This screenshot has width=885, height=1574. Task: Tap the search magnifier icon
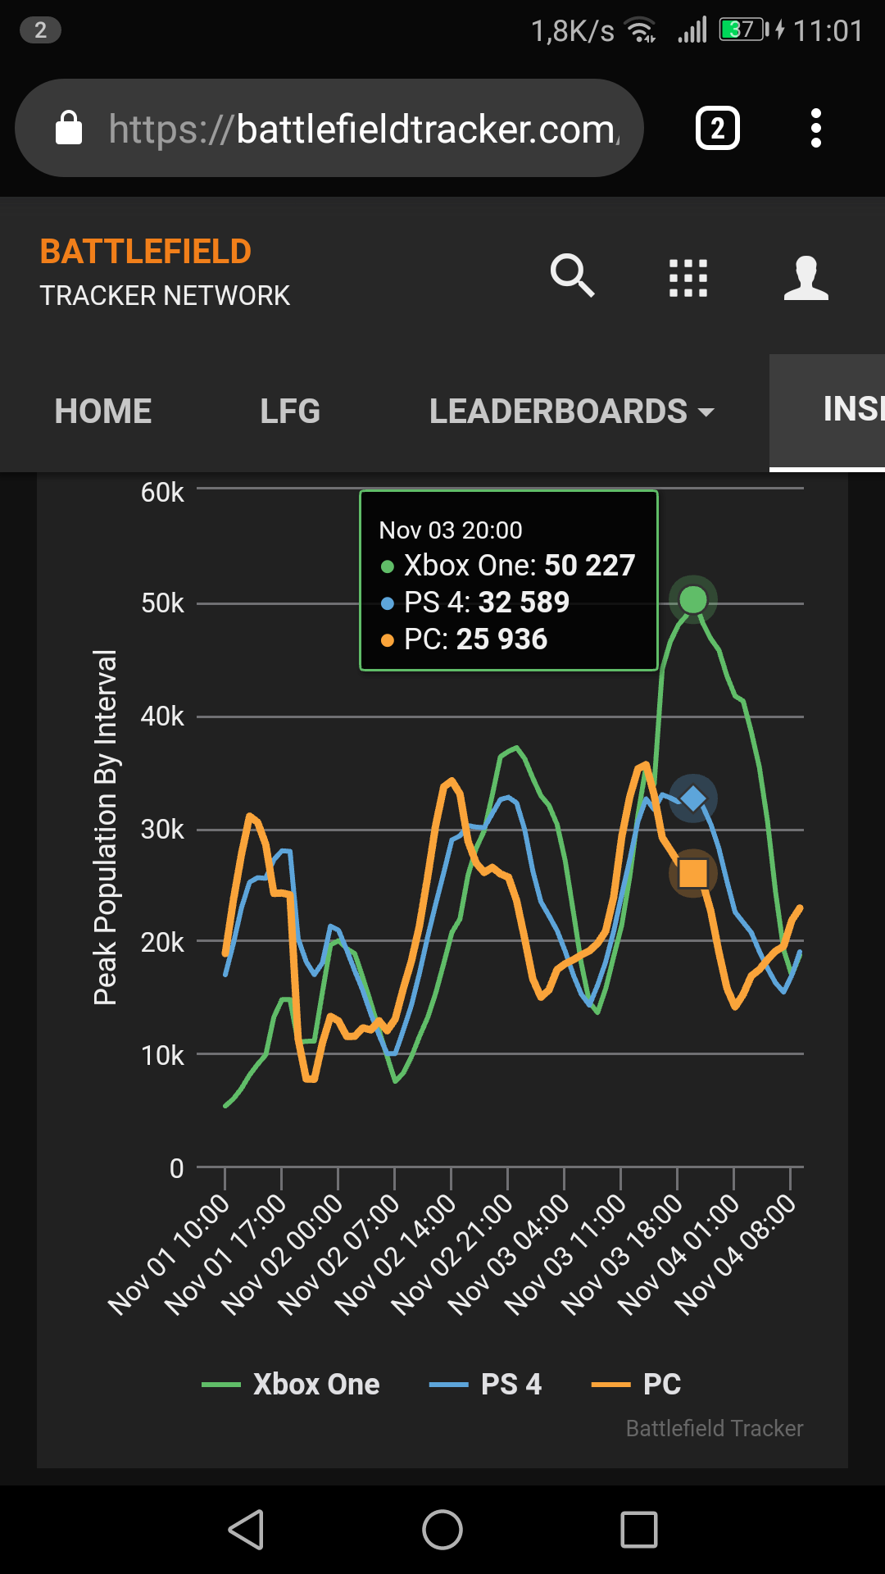[572, 275]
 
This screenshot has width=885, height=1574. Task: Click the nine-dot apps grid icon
[688, 278]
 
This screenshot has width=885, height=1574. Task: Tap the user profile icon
[806, 278]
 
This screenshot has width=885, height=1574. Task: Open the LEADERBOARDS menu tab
[571, 412]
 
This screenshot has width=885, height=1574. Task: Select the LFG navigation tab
[290, 412]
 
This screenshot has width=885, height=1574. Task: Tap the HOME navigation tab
[103, 412]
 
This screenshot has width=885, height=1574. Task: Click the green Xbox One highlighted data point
[693, 599]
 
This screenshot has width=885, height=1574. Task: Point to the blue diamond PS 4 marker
[693, 798]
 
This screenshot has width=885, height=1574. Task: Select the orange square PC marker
[693, 873]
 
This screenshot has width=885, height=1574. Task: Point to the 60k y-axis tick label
[162, 493]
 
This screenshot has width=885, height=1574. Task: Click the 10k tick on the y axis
[162, 1056]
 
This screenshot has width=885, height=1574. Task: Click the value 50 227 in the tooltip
[590, 566]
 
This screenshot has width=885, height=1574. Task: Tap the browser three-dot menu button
[815, 128]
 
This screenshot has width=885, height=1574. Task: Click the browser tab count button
[718, 128]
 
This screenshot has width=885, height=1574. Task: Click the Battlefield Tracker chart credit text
[715, 1429]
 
